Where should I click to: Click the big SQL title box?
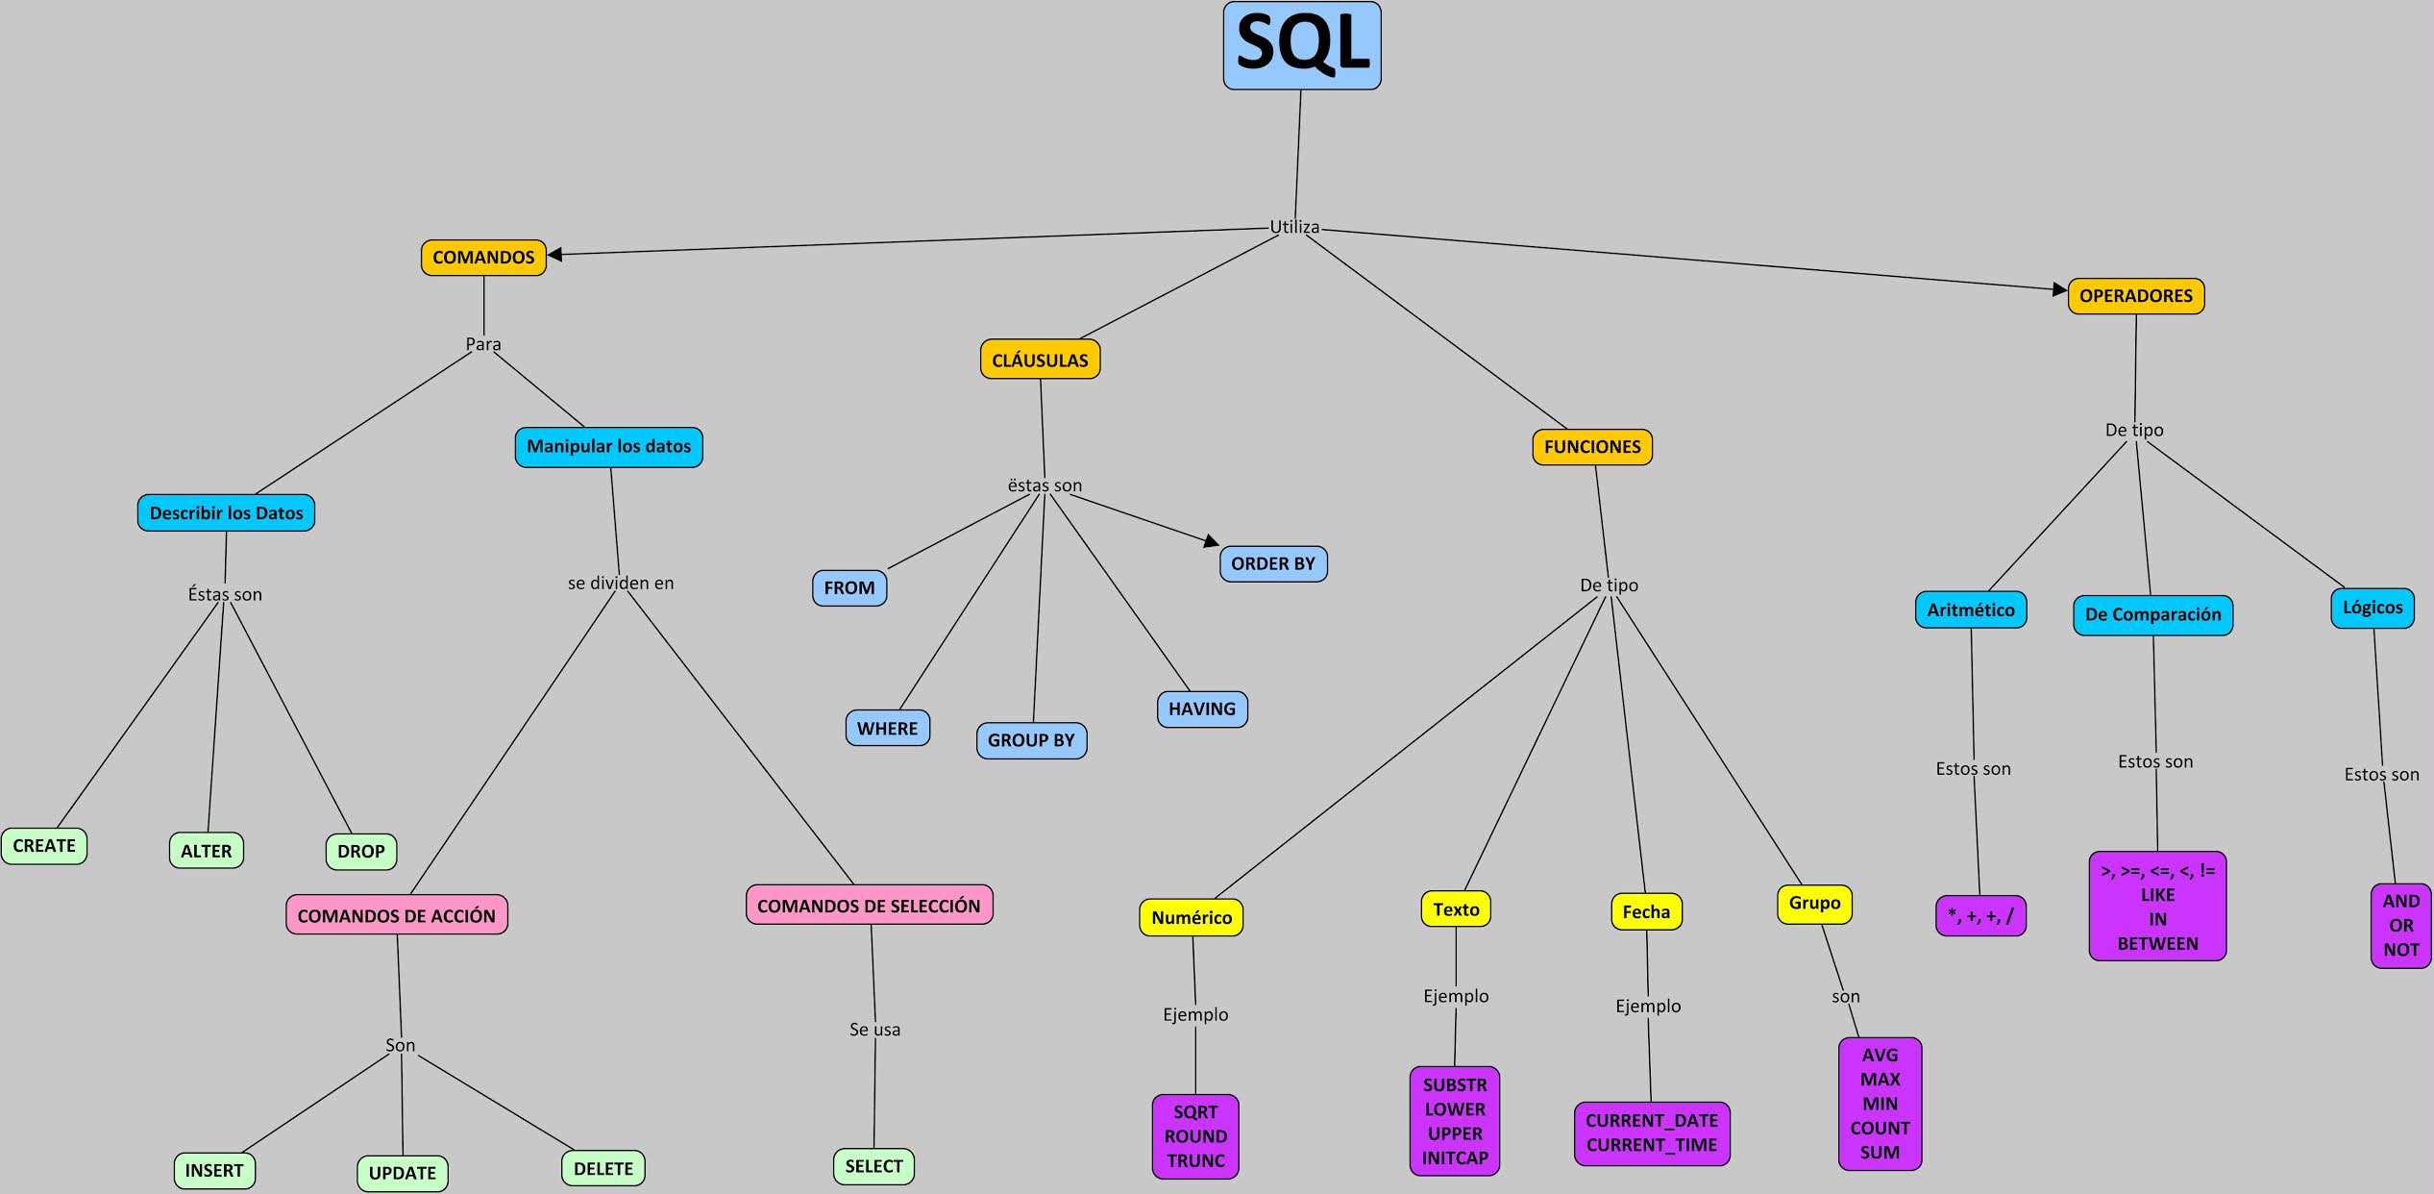click(1302, 46)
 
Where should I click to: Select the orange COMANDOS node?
click(483, 258)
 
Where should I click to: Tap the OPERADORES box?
click(2135, 296)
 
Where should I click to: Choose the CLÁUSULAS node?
click(1040, 361)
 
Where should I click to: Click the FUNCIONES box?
click(1592, 447)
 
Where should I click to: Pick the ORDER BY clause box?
click(1273, 564)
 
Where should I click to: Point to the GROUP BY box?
click(1031, 740)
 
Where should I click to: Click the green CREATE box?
click(44, 846)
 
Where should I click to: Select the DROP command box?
click(360, 852)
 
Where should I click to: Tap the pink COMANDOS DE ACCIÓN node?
click(396, 916)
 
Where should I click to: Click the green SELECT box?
click(873, 1167)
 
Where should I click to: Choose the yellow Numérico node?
click(1192, 918)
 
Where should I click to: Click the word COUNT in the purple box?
click(1880, 1129)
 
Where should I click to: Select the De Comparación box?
click(2152, 615)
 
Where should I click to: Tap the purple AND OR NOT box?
click(2400, 926)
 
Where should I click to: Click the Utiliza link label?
click(1294, 228)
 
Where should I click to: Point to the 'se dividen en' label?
click(621, 584)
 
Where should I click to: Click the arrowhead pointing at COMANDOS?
click(554, 255)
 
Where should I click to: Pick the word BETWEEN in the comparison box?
click(2157, 944)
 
